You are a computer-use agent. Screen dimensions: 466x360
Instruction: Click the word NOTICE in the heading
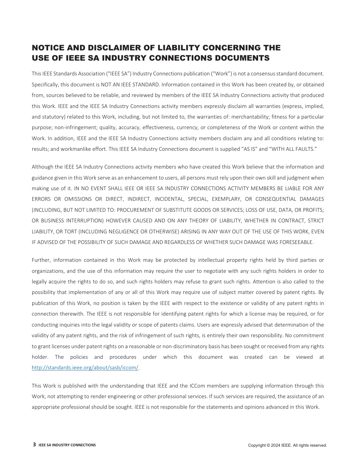[x=46, y=48]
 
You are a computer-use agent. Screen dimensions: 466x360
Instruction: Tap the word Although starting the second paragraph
[x=42, y=167]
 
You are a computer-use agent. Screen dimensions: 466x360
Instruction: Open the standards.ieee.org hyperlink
[x=85, y=368]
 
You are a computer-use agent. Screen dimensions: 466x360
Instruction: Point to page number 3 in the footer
[x=34, y=445]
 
